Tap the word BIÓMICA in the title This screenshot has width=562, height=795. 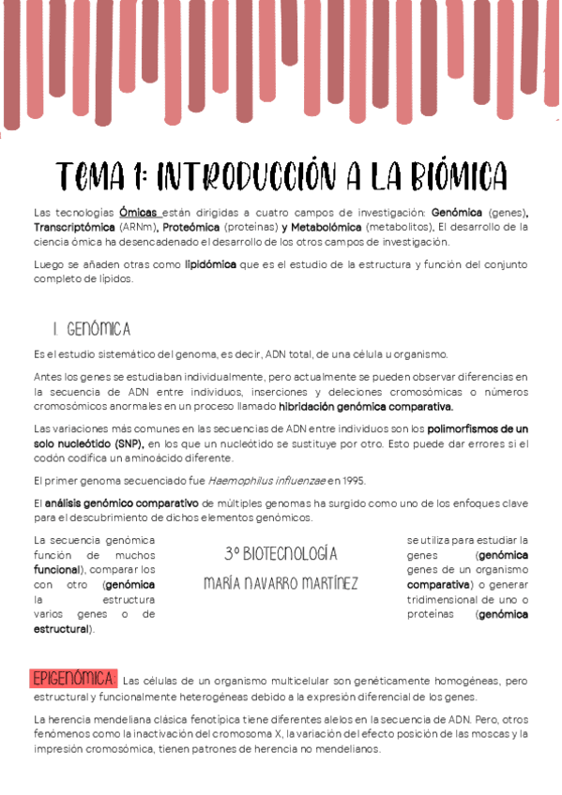tap(443, 175)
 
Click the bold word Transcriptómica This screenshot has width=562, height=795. tap(73, 227)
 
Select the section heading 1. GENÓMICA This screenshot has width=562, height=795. tap(92, 329)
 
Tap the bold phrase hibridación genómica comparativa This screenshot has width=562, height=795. tap(366, 407)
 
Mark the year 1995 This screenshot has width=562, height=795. tap(350, 481)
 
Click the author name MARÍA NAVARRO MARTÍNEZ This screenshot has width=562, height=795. tap(281, 584)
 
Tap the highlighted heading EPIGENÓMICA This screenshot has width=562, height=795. tap(72, 679)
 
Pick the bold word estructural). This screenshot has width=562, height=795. tap(64, 629)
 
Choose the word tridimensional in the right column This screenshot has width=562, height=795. tap(446, 599)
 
